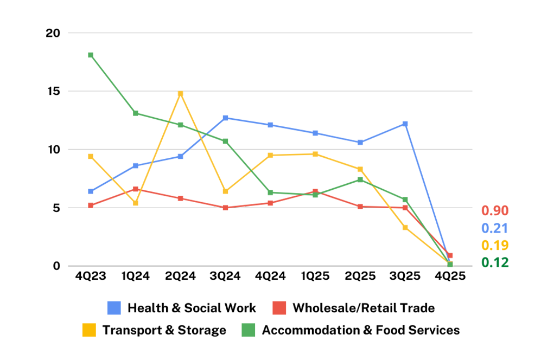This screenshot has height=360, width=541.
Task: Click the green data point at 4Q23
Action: (91, 55)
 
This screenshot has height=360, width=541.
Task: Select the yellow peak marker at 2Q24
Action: (181, 93)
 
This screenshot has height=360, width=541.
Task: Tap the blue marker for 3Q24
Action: (225, 118)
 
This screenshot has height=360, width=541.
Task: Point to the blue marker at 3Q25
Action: (405, 124)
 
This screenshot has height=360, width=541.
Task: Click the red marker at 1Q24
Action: (136, 189)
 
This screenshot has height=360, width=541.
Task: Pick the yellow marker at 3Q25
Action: (405, 227)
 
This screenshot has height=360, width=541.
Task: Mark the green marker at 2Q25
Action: (360, 179)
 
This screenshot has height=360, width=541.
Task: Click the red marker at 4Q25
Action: (450, 255)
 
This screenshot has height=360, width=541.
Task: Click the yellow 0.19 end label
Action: (495, 246)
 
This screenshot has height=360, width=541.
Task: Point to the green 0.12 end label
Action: (495, 263)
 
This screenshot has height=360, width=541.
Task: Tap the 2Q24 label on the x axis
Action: (181, 276)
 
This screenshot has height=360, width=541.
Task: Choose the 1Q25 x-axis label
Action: (315, 276)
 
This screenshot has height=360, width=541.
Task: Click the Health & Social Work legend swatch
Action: (114, 308)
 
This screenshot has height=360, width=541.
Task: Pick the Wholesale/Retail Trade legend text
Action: (364, 308)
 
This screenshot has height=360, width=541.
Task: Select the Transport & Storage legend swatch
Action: (89, 330)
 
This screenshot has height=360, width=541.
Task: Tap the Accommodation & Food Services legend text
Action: (361, 330)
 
